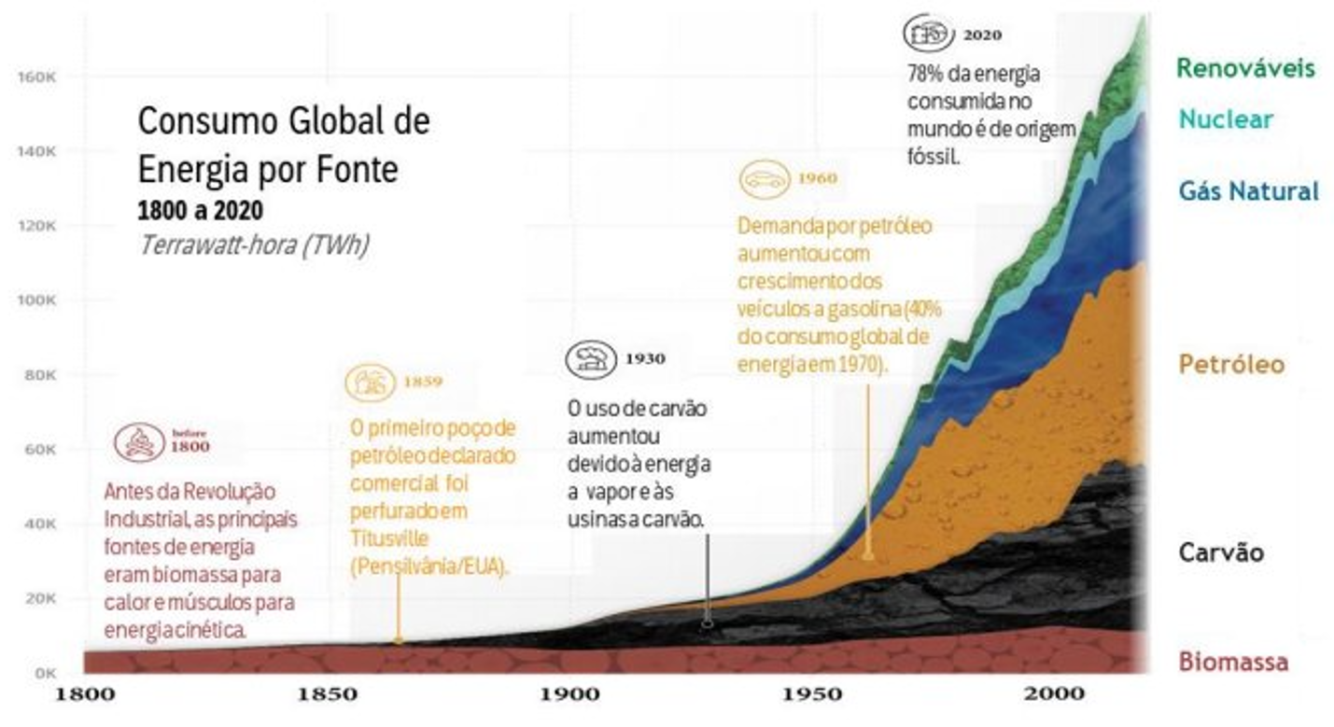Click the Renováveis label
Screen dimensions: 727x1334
pos(1244,68)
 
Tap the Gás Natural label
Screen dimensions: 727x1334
pos(1248,191)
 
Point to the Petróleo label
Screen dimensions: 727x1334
pos(1231,364)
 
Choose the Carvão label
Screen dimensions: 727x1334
pos(1221,552)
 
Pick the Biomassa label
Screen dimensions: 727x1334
pos(1233,663)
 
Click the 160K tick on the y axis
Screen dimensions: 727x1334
pos(38,77)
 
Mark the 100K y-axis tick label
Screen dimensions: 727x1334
pos(38,301)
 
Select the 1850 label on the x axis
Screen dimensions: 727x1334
pos(327,694)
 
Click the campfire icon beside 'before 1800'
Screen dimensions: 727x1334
pos(139,441)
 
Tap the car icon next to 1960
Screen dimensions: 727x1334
pos(764,179)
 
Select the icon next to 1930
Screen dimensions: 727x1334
pos(590,359)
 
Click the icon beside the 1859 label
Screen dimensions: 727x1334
pos(370,382)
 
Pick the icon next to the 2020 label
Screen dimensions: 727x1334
pos(927,34)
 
